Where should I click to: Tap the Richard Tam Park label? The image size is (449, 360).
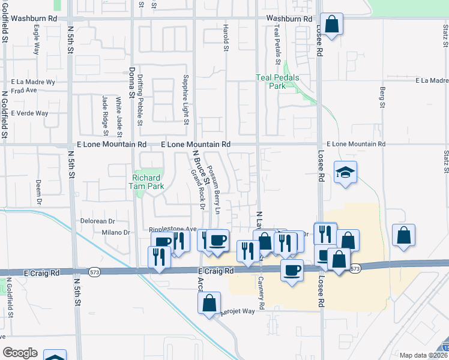click(x=146, y=182)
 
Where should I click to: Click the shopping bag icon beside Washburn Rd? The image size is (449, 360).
click(x=331, y=25)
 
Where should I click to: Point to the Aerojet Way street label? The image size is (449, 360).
click(x=238, y=312)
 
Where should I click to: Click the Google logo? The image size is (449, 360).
click(x=20, y=353)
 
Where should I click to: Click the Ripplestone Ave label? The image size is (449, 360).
click(x=173, y=229)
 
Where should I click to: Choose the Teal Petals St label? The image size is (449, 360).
click(x=277, y=44)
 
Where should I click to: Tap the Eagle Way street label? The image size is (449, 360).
click(x=37, y=40)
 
